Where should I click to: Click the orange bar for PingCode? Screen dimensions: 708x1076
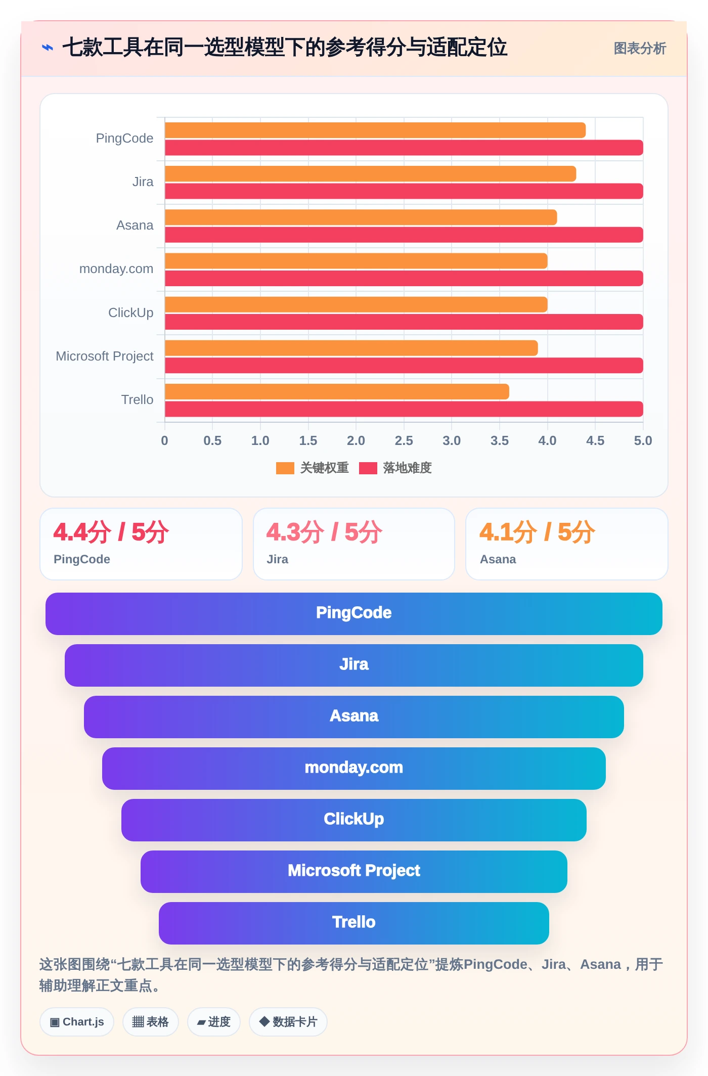click(x=375, y=130)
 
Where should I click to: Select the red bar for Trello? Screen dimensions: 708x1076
click(x=404, y=409)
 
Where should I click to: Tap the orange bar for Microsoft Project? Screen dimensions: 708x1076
click(x=351, y=348)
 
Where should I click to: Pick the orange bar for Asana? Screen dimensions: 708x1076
click(x=361, y=217)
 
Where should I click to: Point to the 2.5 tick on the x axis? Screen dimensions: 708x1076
click(x=404, y=440)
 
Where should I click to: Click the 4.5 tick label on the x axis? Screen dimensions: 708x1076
click(x=595, y=440)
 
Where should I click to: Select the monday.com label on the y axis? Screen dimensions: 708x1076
click(x=116, y=268)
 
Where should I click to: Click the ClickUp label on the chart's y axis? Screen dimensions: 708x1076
click(x=130, y=312)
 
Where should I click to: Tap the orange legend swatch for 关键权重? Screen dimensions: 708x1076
click(x=285, y=468)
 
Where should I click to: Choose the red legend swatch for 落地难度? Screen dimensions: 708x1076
click(x=368, y=468)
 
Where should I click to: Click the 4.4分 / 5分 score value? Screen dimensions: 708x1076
click(x=111, y=532)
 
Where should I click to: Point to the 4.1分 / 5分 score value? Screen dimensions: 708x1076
click(x=538, y=532)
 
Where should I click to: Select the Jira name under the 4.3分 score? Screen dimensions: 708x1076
click(x=278, y=559)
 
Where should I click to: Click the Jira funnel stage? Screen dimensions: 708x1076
click(x=354, y=665)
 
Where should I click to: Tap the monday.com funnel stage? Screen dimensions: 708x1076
click(x=354, y=769)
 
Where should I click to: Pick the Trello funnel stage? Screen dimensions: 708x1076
click(x=354, y=923)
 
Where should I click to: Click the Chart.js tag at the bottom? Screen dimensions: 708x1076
click(x=77, y=1022)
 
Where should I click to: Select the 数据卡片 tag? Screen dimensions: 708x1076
click(x=288, y=1022)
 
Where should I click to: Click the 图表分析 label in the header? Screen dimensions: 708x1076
click(x=640, y=49)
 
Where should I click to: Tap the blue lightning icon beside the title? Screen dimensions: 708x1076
click(x=48, y=48)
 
